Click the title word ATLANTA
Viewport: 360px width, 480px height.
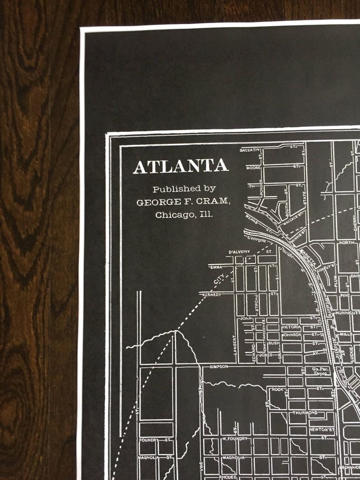pyautogui.click(x=180, y=166)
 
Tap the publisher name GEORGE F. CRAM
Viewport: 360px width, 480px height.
pyautogui.click(x=184, y=202)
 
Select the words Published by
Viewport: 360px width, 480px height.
pyautogui.click(x=184, y=189)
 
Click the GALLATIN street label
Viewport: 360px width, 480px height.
pyautogui.click(x=251, y=150)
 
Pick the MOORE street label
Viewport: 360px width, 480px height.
pyautogui.click(x=253, y=168)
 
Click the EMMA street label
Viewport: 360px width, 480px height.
pyautogui.click(x=216, y=267)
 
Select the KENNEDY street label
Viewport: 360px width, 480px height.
pyautogui.click(x=211, y=295)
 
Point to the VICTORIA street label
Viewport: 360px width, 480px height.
pyautogui.click(x=291, y=327)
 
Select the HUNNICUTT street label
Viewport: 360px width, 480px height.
pyautogui.click(x=347, y=313)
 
